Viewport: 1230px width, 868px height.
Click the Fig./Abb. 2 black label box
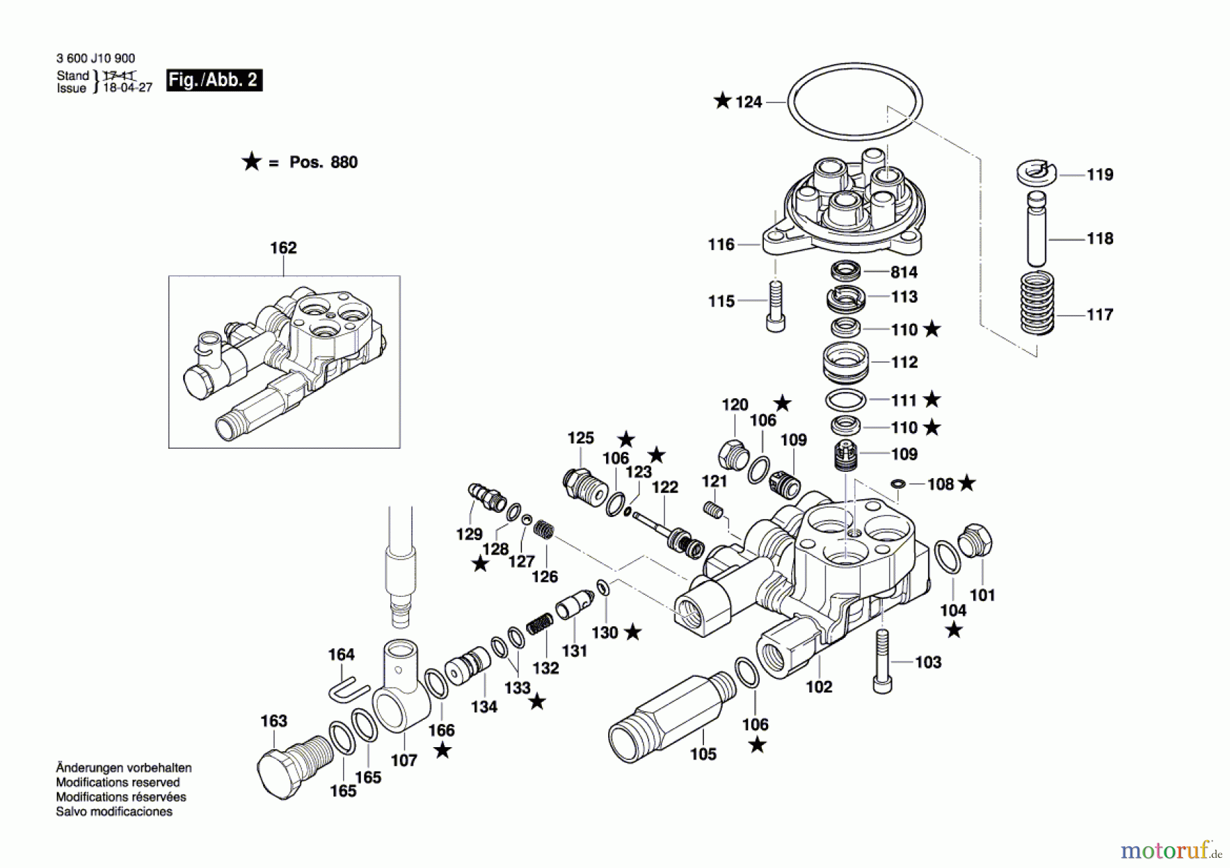214,80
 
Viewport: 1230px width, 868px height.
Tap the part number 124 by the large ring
748,102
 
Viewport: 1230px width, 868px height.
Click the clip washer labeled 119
1036,172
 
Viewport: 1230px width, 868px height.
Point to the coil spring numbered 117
1037,303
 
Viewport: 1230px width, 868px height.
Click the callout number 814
903,272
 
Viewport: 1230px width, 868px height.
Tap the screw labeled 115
775,307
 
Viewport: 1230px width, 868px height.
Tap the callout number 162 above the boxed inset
283,248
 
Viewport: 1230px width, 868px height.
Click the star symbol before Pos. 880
251,162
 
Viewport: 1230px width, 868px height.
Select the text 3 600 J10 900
96,59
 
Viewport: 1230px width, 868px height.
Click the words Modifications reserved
118,782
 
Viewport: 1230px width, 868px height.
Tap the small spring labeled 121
713,509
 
